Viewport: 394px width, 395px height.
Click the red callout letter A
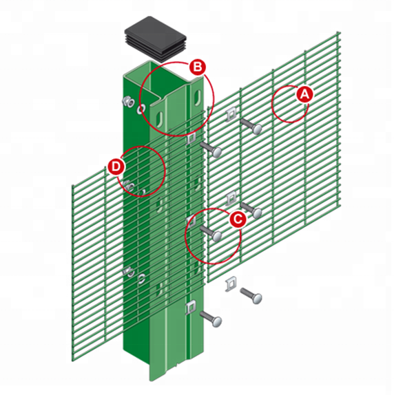304,94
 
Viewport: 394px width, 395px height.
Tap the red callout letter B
198,67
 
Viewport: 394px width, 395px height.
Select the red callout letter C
238,219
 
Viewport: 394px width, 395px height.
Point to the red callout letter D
116,167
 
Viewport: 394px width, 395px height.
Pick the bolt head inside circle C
217,237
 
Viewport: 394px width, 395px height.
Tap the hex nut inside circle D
129,186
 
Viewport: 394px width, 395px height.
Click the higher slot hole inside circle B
197,96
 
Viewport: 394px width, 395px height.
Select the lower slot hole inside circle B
160,118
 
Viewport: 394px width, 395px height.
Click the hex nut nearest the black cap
128,102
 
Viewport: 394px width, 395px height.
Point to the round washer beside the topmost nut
141,109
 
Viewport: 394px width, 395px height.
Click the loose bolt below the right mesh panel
251,295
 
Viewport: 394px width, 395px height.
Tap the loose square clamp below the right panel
231,284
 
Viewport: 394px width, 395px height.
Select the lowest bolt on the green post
211,319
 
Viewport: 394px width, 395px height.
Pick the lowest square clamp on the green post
190,308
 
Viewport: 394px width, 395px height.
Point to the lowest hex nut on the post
129,273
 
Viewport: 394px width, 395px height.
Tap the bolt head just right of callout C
257,213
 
